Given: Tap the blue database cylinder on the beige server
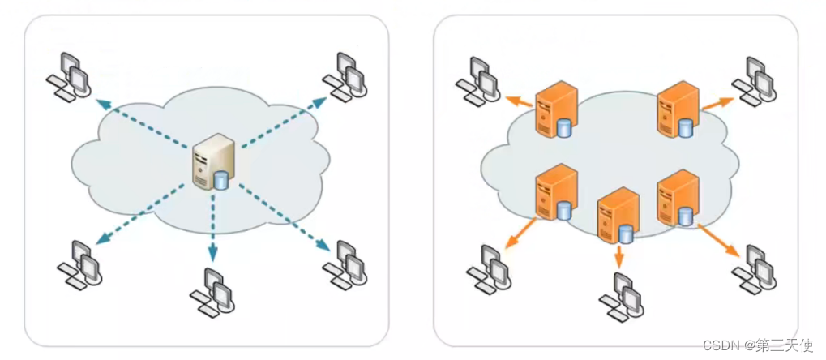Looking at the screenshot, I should tap(221, 179).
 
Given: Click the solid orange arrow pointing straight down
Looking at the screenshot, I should tap(619, 256).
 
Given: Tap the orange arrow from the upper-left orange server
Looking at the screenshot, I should tap(520, 101).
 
